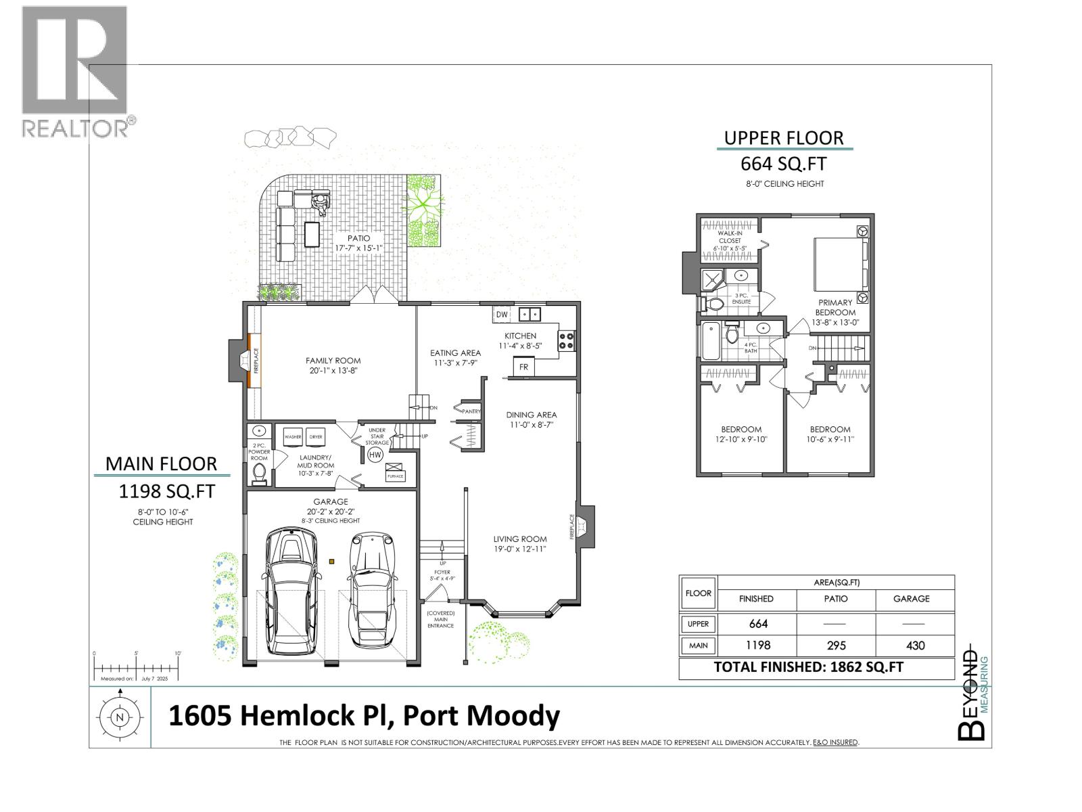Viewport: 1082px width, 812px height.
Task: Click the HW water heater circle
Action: coord(375,455)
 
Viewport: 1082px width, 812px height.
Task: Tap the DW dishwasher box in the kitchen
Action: coord(502,315)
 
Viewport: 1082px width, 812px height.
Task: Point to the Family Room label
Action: coord(333,361)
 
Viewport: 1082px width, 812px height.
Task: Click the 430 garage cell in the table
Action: coord(915,646)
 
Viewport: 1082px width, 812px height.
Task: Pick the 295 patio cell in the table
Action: coord(836,646)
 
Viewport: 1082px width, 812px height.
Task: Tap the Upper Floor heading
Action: coord(784,138)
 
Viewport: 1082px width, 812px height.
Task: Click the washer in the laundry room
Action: coord(293,437)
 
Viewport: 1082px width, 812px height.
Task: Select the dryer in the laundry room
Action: coord(315,437)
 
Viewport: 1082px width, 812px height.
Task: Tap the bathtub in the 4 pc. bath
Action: coord(709,342)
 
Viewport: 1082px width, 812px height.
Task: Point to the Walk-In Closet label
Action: coord(730,237)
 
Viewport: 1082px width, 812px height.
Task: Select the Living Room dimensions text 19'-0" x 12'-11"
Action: coord(519,549)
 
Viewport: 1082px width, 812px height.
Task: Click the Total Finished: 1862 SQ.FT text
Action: coord(808,667)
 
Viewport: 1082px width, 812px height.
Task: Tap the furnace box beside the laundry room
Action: coord(395,472)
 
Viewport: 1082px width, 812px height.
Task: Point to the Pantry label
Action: coord(471,411)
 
